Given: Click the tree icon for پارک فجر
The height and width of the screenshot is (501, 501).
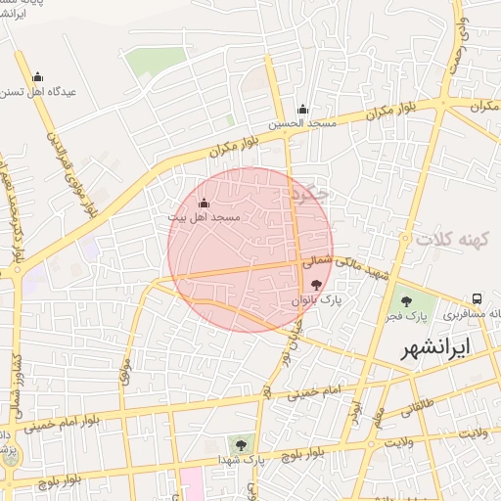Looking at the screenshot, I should click(x=406, y=300).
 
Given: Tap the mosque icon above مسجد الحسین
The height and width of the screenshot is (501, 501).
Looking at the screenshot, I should click(x=303, y=110).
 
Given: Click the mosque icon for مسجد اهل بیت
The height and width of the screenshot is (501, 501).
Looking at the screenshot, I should click(x=204, y=203).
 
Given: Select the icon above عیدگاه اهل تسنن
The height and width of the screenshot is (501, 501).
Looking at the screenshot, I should click(x=38, y=77).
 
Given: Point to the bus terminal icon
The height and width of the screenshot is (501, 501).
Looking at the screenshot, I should click(x=477, y=298).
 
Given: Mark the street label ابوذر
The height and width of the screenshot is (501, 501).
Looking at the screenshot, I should click(x=355, y=405).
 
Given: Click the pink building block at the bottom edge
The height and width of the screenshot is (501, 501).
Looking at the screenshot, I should click(x=192, y=483).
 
